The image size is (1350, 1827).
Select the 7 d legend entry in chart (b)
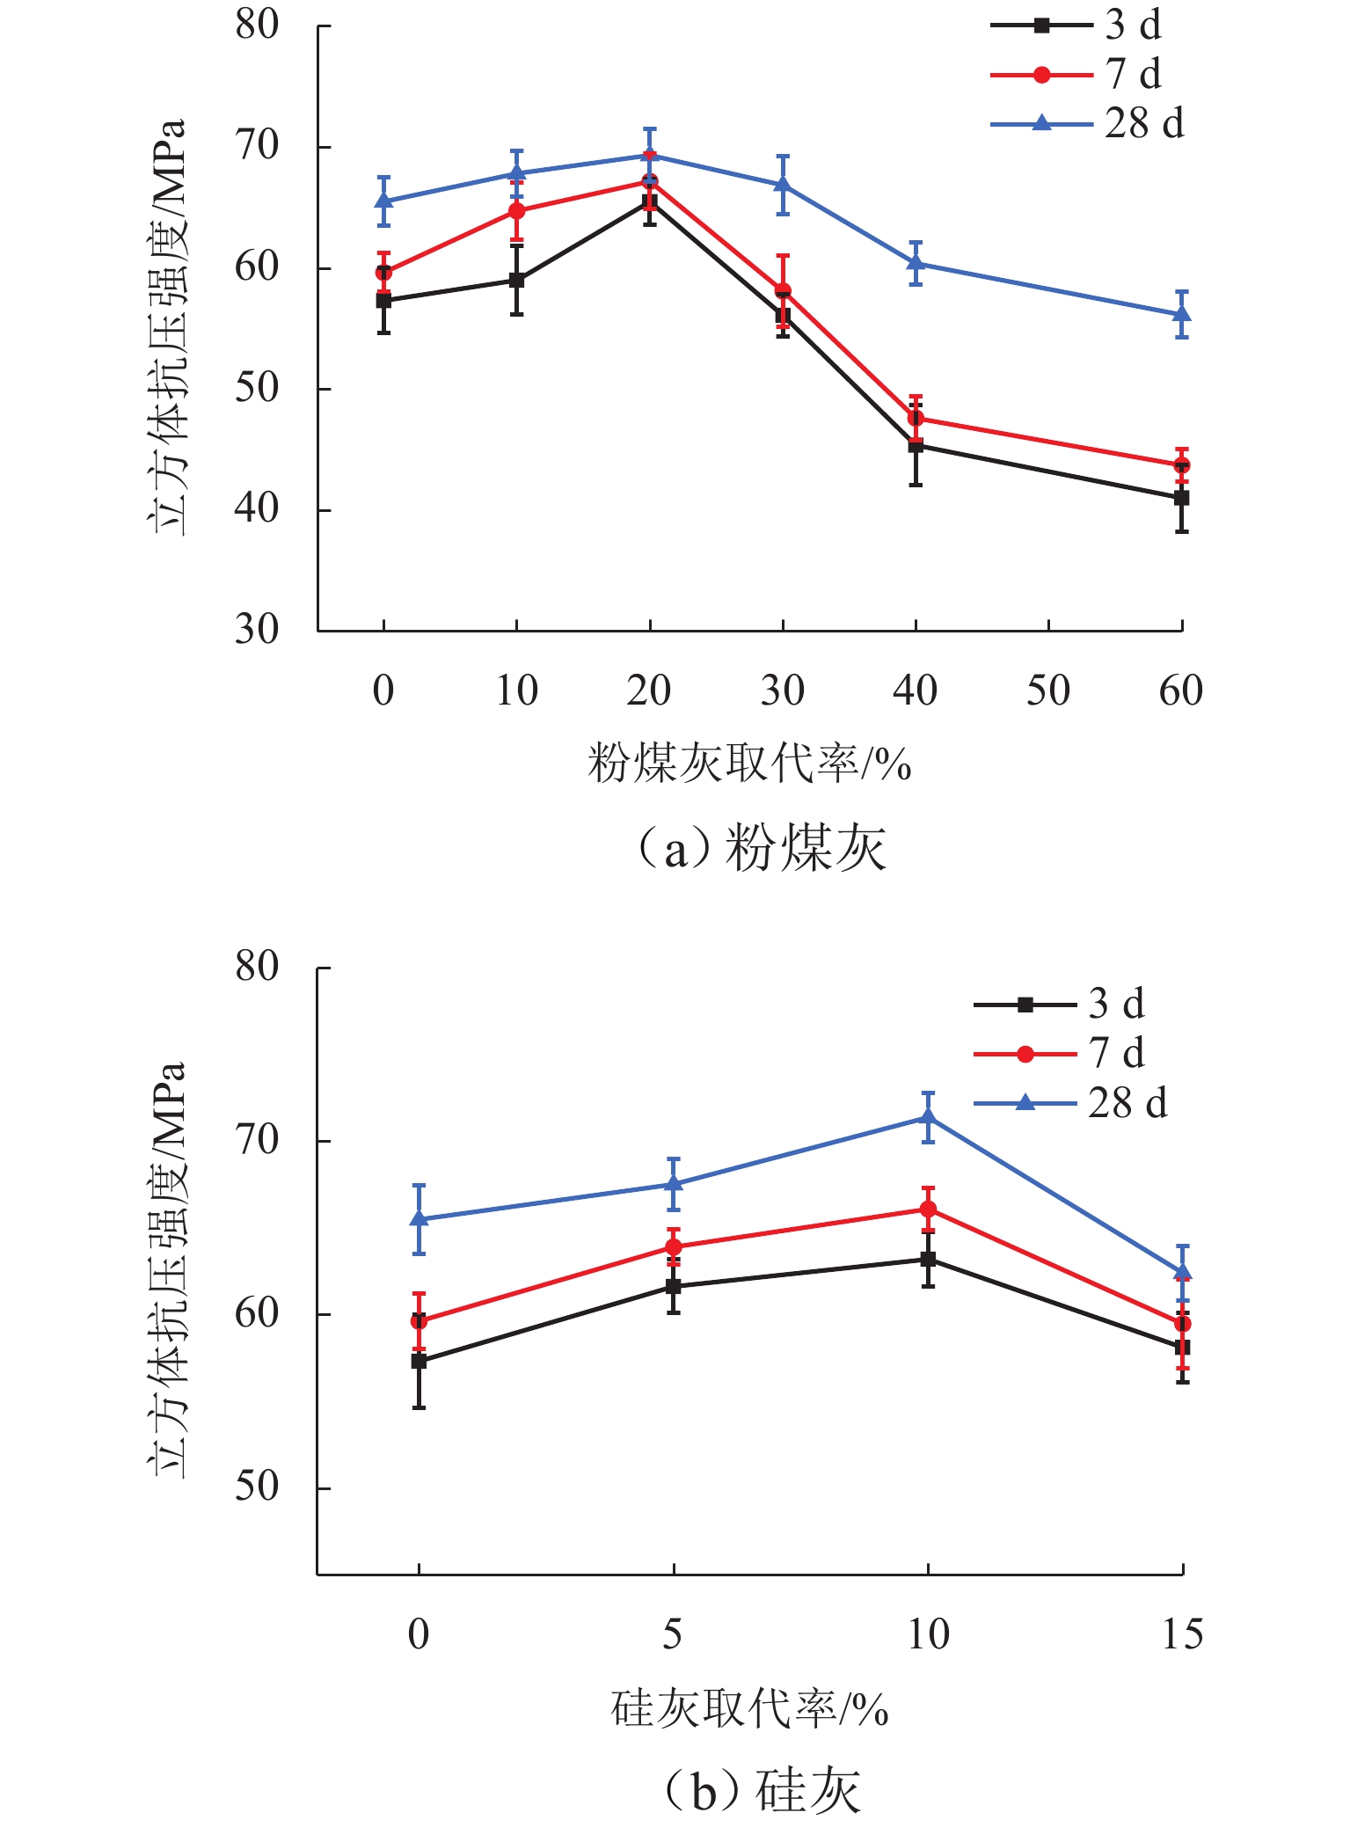pos(1060,1054)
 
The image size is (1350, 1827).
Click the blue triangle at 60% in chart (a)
pos(1182,314)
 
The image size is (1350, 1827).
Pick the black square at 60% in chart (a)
pos(1182,498)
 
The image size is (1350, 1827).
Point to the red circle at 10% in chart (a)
pos(517,211)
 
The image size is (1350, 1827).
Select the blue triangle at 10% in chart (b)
pos(928,1117)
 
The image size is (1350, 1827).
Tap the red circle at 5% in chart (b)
pos(674,1247)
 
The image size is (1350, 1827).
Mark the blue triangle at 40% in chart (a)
pos(916,262)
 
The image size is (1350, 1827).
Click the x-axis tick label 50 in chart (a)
pos(1048,691)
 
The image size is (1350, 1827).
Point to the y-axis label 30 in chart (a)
pos(257,630)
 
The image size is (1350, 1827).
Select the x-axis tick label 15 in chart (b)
pos(1182,1634)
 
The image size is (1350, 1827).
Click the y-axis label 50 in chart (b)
pos(257,1487)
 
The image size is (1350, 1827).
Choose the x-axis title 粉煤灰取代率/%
pos(749,763)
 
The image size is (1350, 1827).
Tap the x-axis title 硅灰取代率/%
pos(749,1709)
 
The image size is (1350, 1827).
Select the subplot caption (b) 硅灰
pos(762,1791)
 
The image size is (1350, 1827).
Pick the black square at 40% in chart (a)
pos(916,446)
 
